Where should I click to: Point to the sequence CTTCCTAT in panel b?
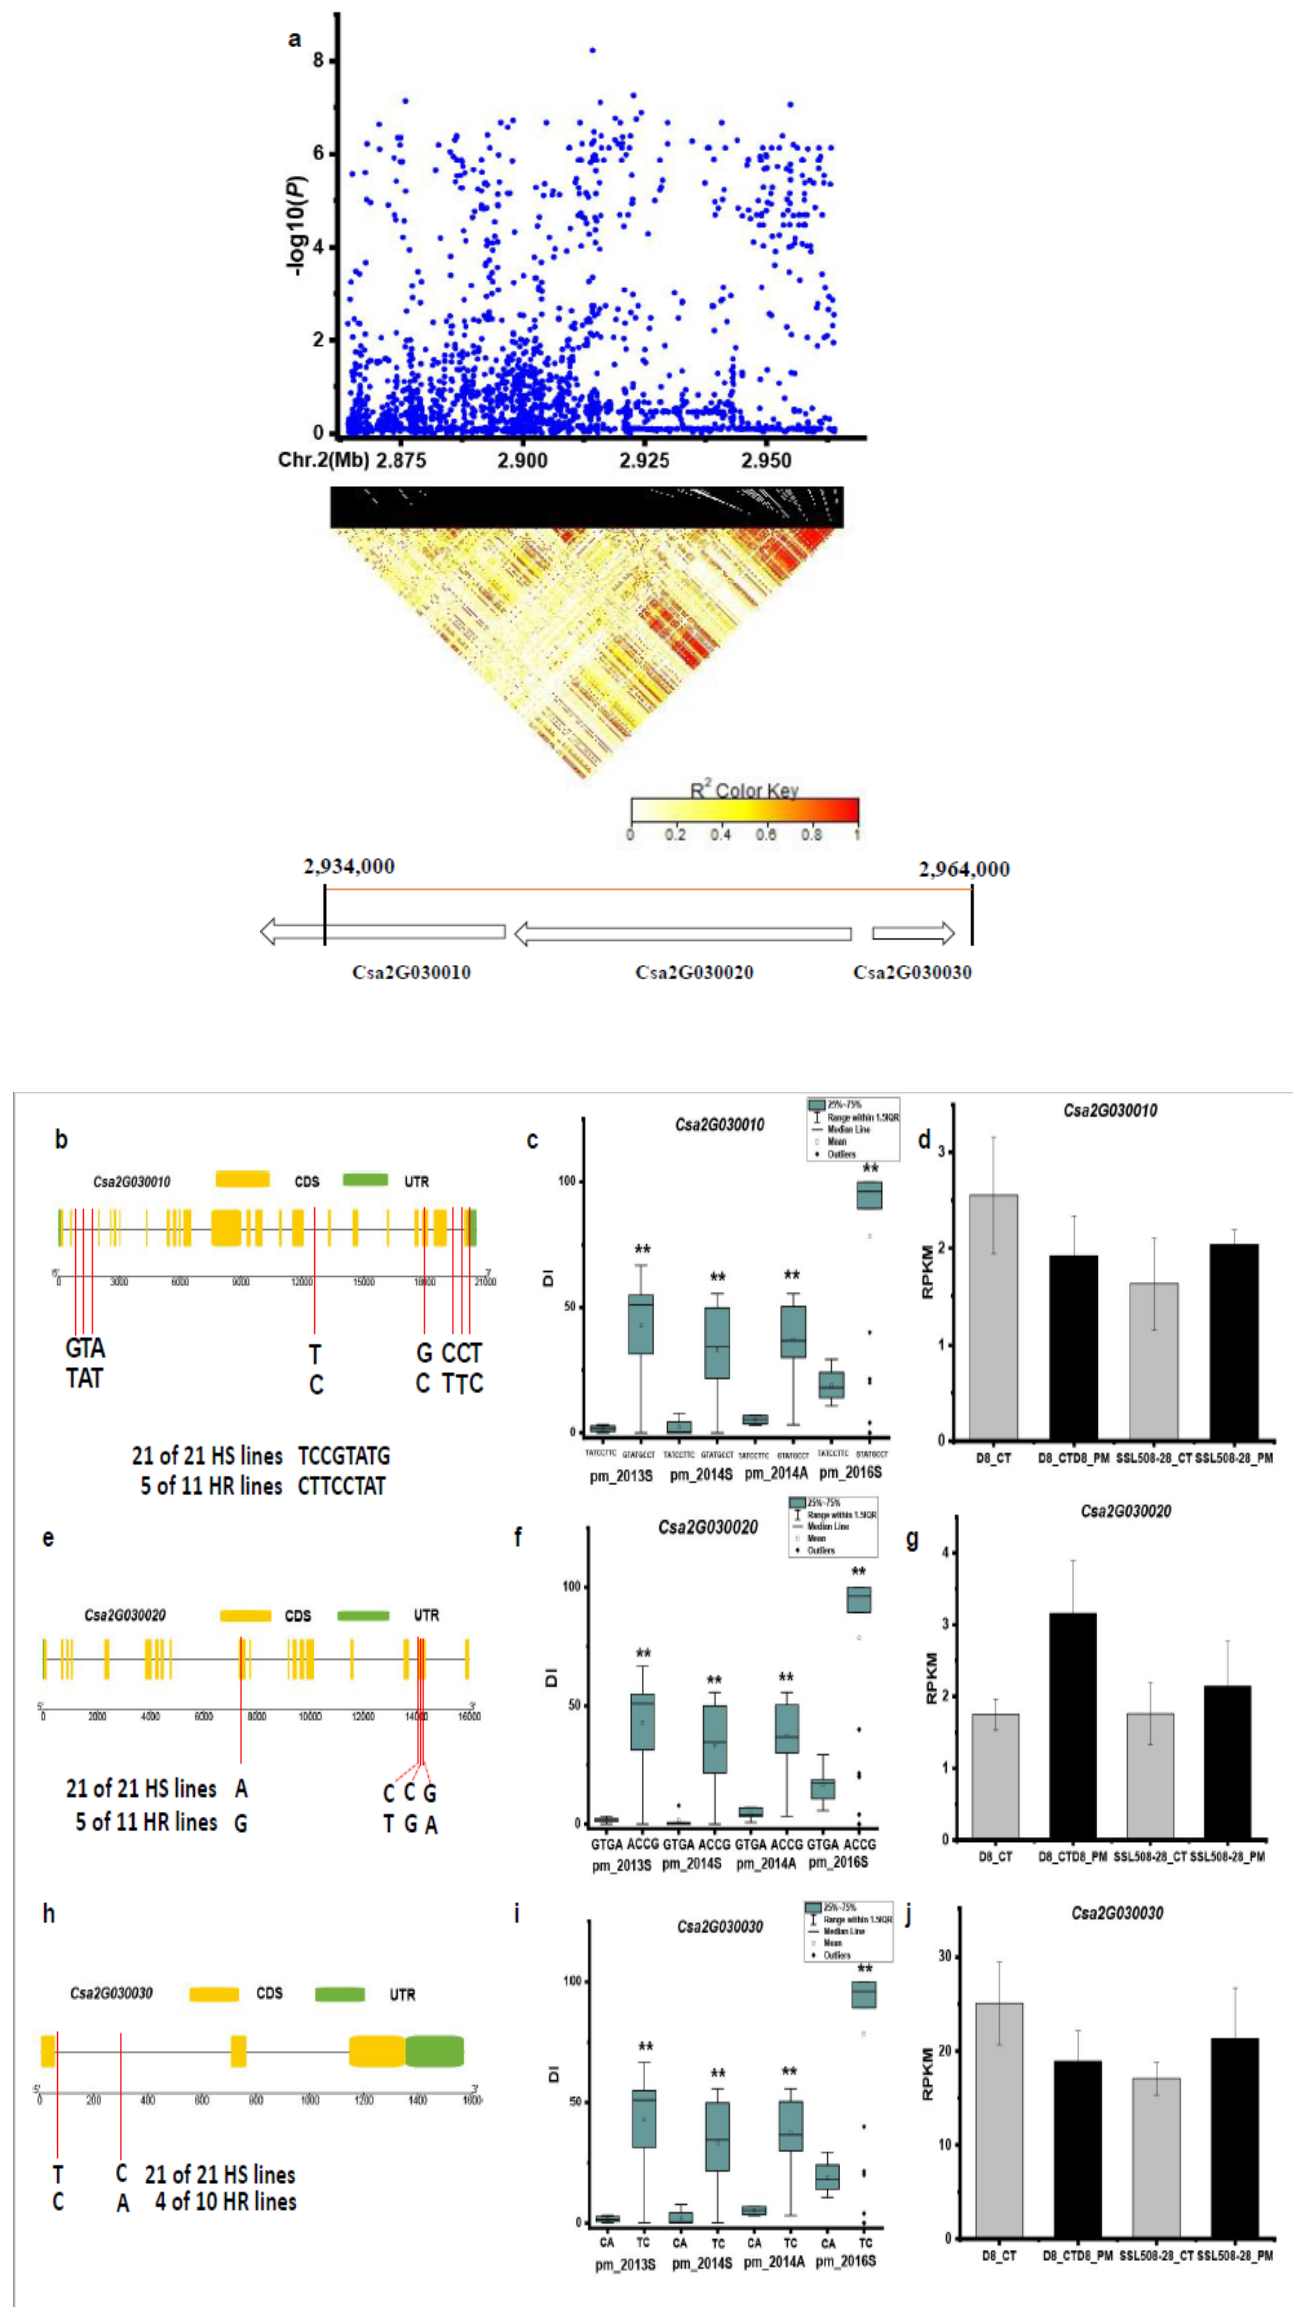pyautogui.click(x=341, y=1486)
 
